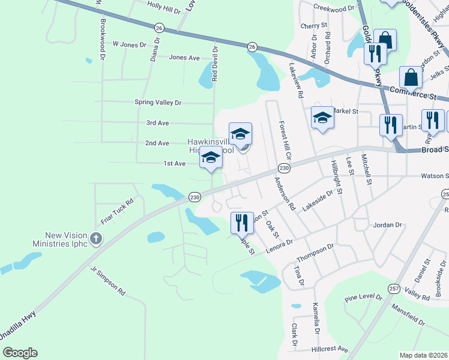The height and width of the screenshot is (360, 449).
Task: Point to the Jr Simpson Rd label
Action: click(x=108, y=281)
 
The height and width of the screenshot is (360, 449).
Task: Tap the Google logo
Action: click(x=20, y=353)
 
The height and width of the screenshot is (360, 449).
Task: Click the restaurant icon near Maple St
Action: click(x=240, y=223)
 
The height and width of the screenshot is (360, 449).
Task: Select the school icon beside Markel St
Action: click(x=322, y=118)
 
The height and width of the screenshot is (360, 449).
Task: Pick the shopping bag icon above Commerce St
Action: click(x=412, y=77)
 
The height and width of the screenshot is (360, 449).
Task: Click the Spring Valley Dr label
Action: click(x=158, y=103)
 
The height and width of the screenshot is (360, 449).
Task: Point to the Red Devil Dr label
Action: click(x=214, y=62)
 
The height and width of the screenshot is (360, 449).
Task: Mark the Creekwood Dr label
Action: click(x=334, y=9)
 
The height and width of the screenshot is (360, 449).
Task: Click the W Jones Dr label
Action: click(x=129, y=44)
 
